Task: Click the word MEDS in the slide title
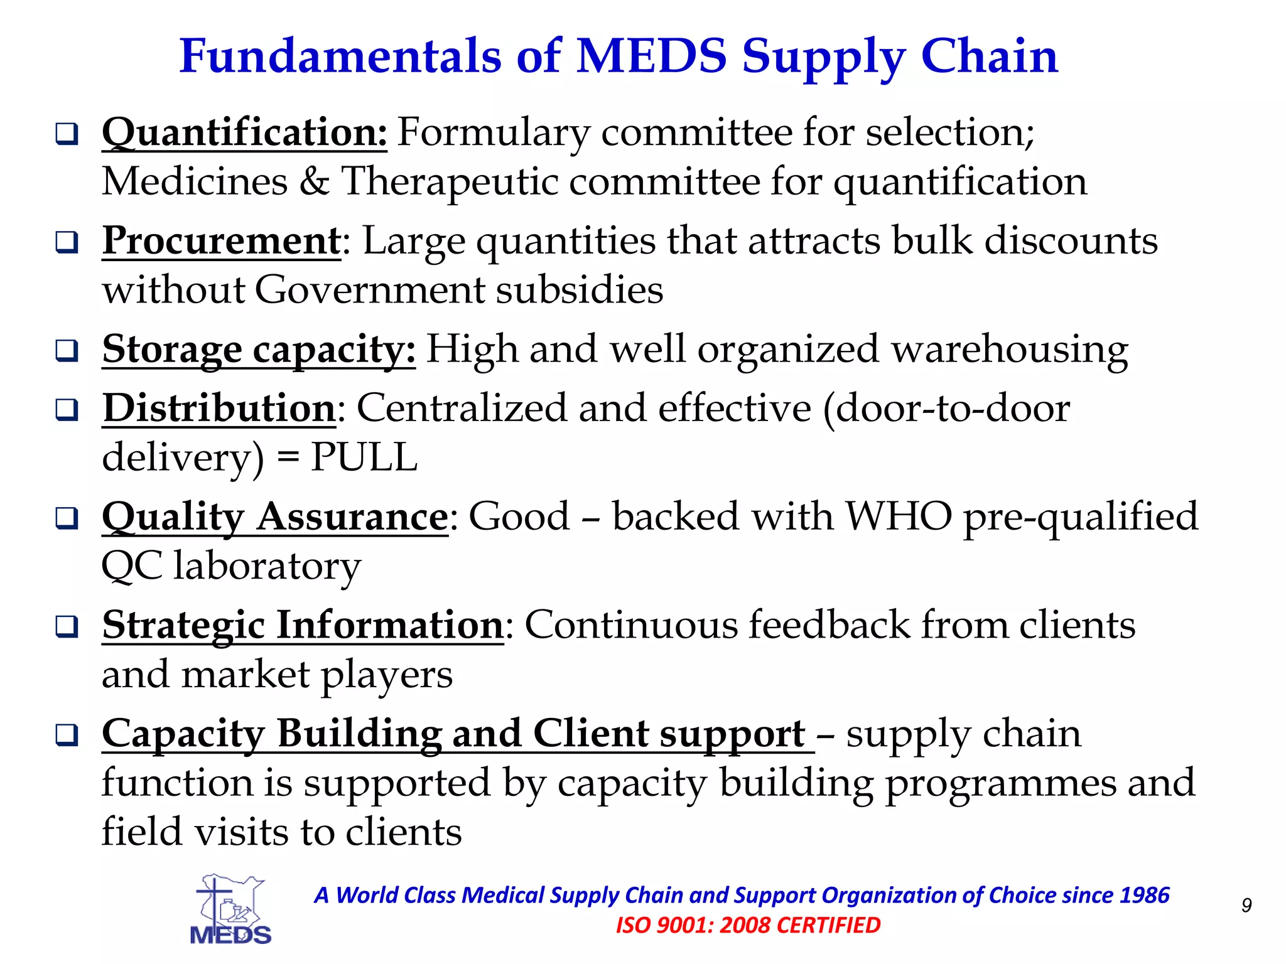[651, 56]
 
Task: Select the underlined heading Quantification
[244, 132]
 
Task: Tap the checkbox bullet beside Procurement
[67, 242]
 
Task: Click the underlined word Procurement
[222, 241]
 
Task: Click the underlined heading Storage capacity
[259, 350]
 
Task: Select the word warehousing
[1010, 350]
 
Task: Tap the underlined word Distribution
[219, 409]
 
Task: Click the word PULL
[364, 457]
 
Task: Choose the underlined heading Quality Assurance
[275, 517]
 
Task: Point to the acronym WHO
[899, 517]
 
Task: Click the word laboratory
[267, 566]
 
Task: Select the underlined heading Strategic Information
[303, 626]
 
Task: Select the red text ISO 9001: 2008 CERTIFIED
[748, 925]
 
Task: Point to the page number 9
[1246, 905]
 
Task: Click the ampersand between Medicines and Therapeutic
[314, 182]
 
